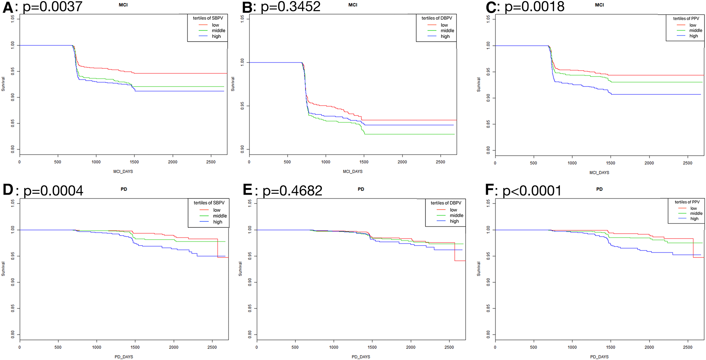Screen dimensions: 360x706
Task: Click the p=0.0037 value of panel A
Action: [52, 7]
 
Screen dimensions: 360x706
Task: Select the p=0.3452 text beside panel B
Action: [290, 7]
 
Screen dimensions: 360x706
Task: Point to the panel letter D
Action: [8, 190]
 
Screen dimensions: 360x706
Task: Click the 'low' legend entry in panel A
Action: [216, 25]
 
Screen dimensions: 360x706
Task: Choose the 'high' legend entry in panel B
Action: [445, 36]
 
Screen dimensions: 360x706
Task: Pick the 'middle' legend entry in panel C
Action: [696, 30]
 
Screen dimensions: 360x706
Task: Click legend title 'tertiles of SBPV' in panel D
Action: [209, 203]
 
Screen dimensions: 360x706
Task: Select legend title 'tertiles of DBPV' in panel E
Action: [446, 203]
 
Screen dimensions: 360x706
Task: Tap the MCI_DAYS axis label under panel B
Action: [353, 172]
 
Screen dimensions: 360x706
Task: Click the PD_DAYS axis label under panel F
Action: [599, 357]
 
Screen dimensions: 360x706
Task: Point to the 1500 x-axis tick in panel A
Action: [134, 162]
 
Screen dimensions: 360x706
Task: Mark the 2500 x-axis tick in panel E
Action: [449, 347]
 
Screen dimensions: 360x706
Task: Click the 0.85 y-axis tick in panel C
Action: [488, 123]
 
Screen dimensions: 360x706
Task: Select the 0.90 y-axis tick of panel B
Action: [242, 149]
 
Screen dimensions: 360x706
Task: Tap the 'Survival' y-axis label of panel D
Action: [3, 269]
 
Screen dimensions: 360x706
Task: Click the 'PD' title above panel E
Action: [361, 189]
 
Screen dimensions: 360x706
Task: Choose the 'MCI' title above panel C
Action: [599, 5]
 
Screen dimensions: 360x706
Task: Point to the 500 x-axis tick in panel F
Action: [534, 347]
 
